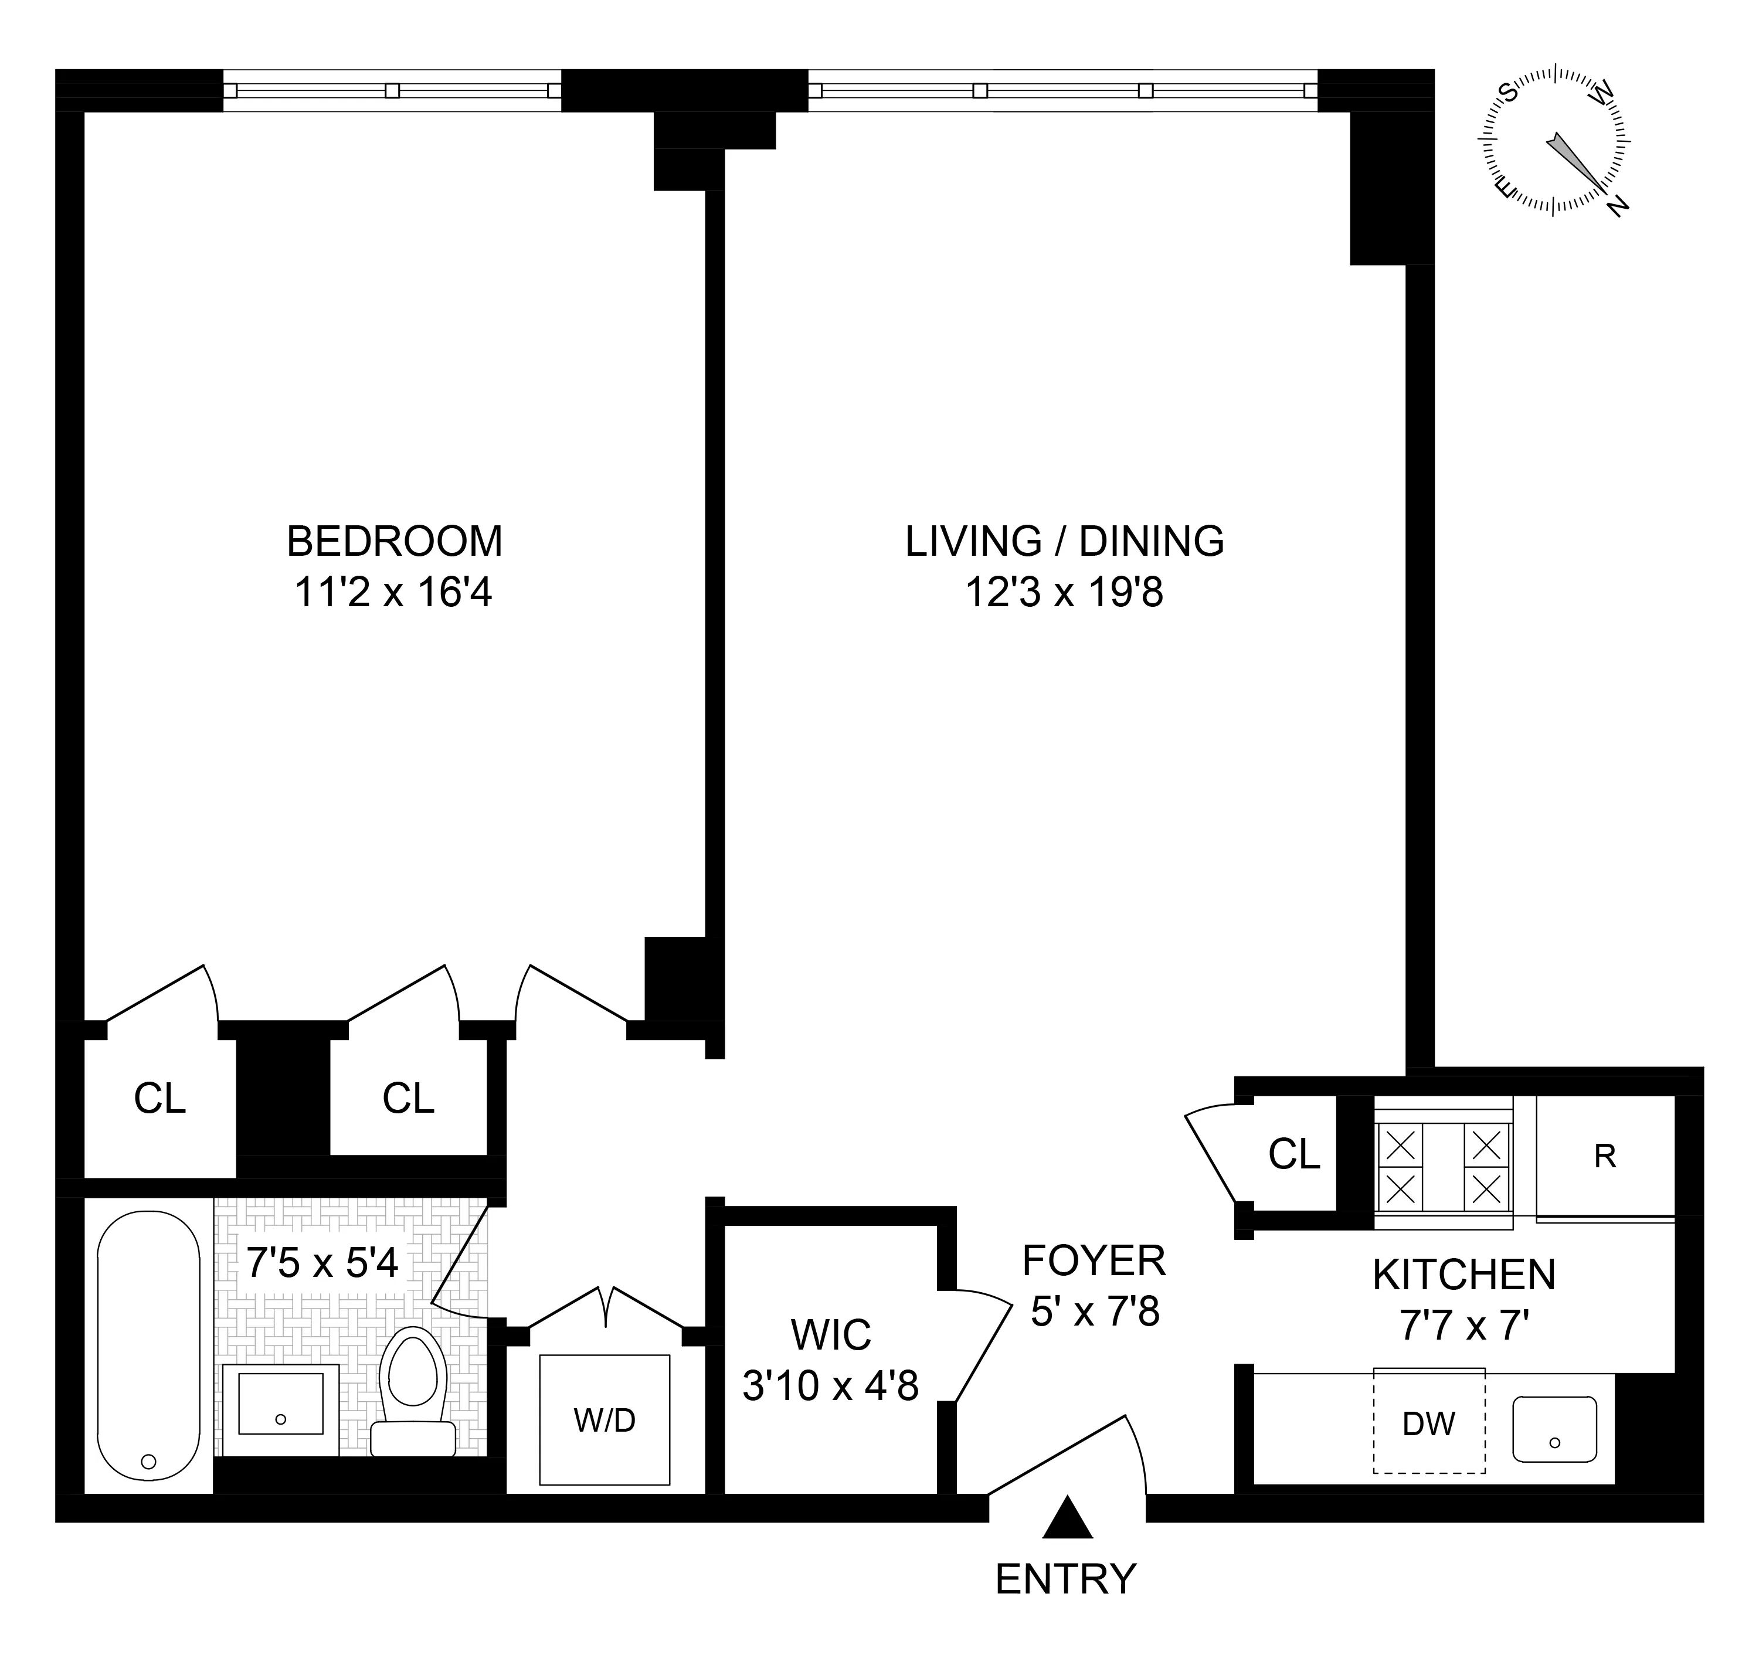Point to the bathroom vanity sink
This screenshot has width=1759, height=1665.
click(x=280, y=1409)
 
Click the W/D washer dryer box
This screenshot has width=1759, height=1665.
click(x=605, y=1420)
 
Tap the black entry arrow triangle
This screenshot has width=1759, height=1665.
click(x=1067, y=1518)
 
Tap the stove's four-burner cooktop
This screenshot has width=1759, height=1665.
click(x=1443, y=1162)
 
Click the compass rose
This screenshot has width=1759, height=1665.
click(x=1553, y=140)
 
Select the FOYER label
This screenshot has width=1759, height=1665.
click(x=1094, y=1260)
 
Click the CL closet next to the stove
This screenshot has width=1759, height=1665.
click(x=1294, y=1154)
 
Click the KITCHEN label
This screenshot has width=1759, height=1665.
click(x=1464, y=1275)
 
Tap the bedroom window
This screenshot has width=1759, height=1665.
click(x=392, y=90)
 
